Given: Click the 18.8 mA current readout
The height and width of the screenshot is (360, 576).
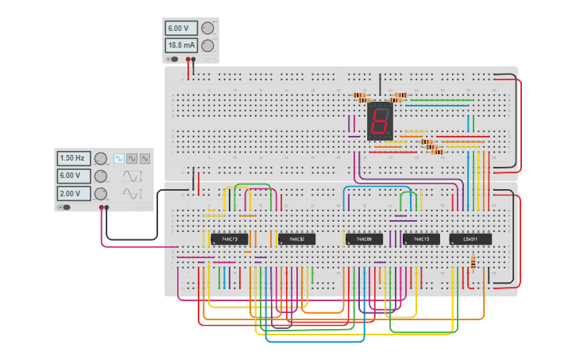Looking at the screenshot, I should point(180,45).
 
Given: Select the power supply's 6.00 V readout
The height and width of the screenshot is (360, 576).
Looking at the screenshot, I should point(180,28).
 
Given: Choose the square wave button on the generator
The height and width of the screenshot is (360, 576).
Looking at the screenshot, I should point(119,158).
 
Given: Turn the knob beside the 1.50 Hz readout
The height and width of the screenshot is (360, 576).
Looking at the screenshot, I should point(101,158).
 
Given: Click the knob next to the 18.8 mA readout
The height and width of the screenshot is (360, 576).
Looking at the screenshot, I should point(207,45).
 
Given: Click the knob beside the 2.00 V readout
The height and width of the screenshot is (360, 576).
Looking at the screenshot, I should point(101,194).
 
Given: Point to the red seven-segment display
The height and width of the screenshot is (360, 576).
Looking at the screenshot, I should point(379,121).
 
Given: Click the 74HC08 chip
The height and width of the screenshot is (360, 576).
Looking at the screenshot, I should point(365,238).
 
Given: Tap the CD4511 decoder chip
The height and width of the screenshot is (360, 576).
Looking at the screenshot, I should point(470,238).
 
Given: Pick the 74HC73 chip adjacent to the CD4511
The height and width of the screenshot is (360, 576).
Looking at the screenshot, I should point(421,238).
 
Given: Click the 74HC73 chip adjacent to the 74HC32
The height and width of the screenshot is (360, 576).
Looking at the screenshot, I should point(230,238).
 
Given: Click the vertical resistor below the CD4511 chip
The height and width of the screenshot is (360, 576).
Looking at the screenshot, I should point(474,261).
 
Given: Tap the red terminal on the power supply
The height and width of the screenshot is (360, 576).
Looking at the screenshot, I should point(187,59).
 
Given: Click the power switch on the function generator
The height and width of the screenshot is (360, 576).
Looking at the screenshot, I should point(64,207).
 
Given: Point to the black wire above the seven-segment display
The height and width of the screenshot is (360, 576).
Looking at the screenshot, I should point(380,83).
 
